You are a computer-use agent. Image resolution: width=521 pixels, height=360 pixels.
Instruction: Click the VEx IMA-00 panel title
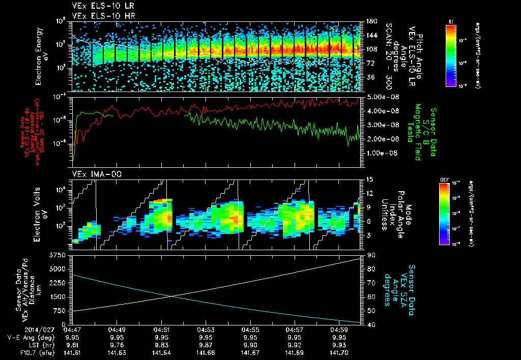click(92, 174)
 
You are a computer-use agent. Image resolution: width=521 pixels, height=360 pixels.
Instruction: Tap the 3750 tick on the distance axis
click(59, 255)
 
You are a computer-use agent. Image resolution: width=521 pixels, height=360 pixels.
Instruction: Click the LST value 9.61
click(72, 344)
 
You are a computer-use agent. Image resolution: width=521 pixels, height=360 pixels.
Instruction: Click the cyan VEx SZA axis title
click(405, 289)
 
